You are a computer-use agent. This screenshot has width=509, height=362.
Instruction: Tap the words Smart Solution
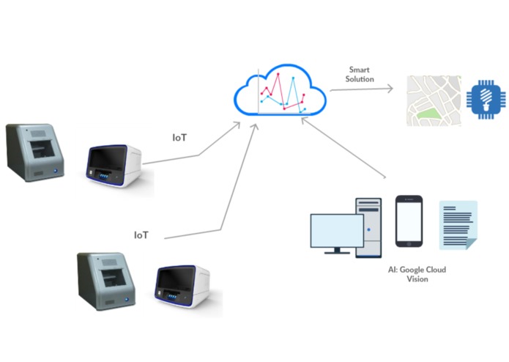(360, 74)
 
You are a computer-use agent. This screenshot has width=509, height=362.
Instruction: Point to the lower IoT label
(141, 235)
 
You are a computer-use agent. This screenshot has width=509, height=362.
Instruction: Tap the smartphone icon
(409, 222)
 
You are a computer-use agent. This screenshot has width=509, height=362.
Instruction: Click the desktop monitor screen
(336, 229)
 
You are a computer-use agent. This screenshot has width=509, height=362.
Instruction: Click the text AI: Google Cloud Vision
(417, 274)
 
